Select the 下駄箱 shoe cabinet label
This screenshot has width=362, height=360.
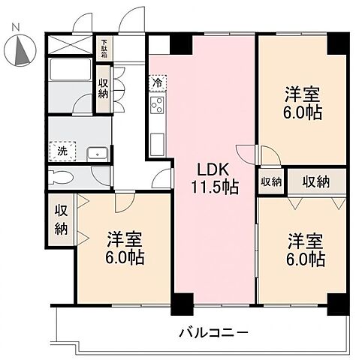[x=104, y=47]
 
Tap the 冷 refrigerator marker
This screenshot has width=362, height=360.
[x=158, y=81]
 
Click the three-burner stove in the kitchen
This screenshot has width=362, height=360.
[x=157, y=106]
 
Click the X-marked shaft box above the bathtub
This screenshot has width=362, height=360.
[x=69, y=45]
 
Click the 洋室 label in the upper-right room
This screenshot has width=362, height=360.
[x=301, y=94]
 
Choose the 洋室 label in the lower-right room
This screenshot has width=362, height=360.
[x=305, y=242]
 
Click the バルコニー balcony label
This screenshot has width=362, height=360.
[x=214, y=332]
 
